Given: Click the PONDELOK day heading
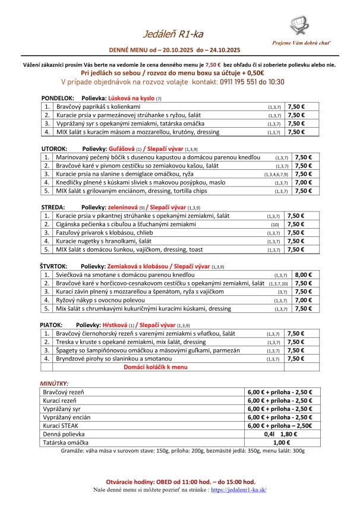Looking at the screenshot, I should tap(57, 97).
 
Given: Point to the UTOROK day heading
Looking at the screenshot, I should tap(54, 148).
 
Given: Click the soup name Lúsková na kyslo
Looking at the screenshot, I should tap(131, 97).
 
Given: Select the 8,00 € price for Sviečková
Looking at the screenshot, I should tap(303, 276).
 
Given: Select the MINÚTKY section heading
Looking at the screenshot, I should tap(54, 384).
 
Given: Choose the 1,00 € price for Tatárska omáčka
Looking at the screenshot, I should tap(281, 442).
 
